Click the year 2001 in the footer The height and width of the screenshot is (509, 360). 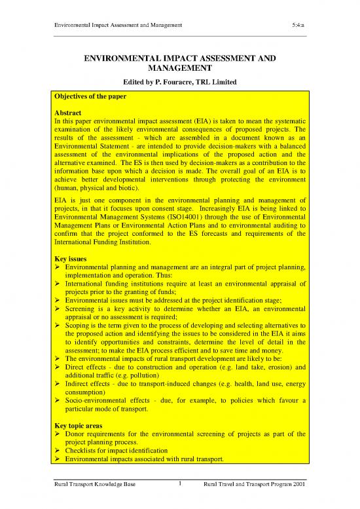coord(298,502)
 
